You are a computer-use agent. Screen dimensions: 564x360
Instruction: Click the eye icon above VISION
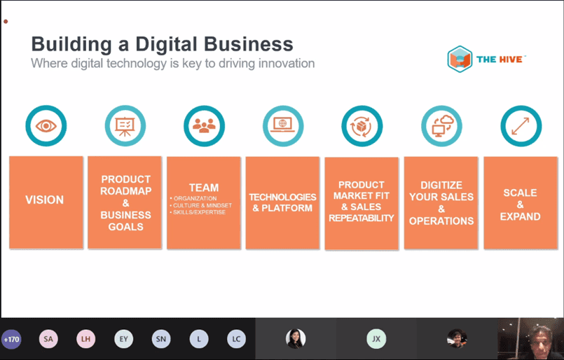click(x=46, y=126)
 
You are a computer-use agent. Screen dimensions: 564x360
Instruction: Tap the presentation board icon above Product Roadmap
click(x=125, y=126)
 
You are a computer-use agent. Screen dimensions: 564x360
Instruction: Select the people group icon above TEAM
click(x=204, y=125)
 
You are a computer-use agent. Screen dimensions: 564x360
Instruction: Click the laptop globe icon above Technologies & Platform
click(x=283, y=125)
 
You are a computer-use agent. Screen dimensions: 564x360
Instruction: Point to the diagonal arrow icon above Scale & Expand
click(x=521, y=126)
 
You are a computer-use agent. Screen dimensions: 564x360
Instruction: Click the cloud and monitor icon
click(x=441, y=126)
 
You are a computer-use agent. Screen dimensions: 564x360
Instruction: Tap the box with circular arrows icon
click(x=362, y=126)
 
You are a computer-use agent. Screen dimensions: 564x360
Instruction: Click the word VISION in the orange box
click(x=45, y=200)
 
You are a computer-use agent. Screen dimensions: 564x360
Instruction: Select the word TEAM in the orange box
click(x=204, y=188)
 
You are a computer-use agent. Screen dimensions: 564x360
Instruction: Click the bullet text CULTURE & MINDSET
click(x=202, y=205)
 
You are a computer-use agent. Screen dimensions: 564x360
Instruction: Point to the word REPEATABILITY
click(x=362, y=218)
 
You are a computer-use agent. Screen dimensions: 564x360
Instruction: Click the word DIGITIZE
click(x=441, y=185)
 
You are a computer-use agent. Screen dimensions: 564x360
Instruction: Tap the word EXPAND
click(x=520, y=216)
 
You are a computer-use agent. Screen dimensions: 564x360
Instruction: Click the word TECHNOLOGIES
click(x=282, y=197)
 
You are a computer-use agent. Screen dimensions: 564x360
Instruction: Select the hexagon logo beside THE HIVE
click(x=460, y=60)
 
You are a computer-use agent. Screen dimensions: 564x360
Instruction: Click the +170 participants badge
click(x=11, y=339)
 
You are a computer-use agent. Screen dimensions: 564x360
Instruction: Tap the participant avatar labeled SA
click(x=48, y=339)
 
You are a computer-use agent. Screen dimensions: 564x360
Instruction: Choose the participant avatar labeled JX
click(x=376, y=339)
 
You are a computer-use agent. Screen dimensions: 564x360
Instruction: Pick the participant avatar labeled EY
click(x=124, y=339)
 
